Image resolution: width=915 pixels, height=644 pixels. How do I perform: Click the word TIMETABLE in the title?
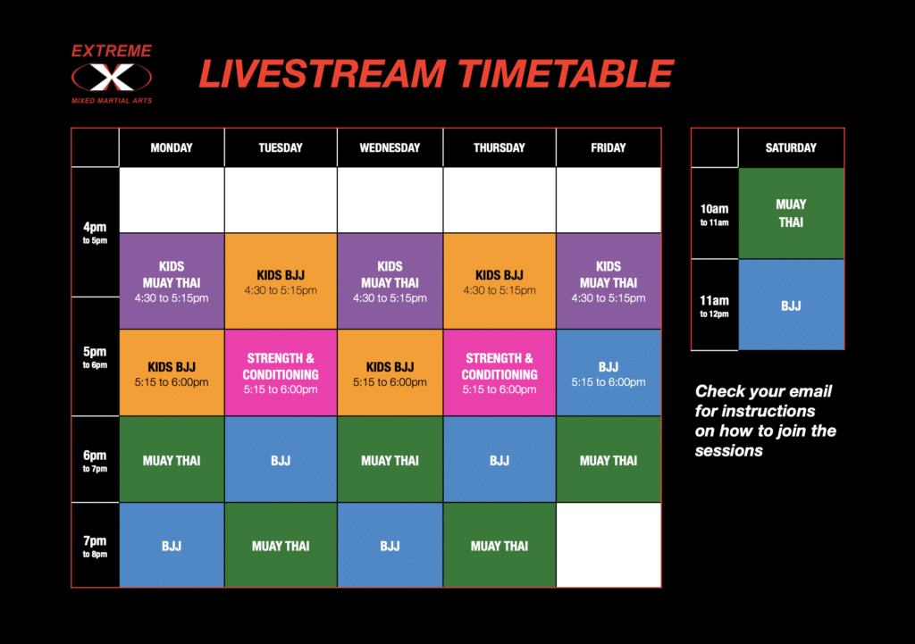[566, 74]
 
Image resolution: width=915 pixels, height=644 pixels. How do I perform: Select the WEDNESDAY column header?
[390, 148]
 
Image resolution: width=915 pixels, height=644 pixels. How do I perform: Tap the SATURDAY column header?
[791, 148]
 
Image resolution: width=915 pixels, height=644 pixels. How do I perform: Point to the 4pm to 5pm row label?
[95, 232]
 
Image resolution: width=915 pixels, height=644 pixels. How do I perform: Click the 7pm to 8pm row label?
[95, 546]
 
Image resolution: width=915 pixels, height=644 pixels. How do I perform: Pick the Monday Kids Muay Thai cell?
[172, 281]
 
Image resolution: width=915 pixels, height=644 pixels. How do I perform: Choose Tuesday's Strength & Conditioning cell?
[281, 372]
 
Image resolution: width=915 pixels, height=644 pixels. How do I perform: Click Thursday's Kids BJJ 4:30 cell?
[499, 281]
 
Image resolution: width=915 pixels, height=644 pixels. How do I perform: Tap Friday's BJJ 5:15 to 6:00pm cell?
[609, 372]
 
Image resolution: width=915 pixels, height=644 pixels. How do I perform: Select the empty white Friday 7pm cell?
[609, 545]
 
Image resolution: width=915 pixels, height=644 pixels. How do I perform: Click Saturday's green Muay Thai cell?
[792, 213]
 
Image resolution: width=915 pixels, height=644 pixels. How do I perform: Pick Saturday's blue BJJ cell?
[792, 305]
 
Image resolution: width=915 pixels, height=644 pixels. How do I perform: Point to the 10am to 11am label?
[714, 213]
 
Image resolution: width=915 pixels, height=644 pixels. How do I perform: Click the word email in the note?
[809, 391]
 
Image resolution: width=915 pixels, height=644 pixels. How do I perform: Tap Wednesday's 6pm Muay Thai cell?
[390, 459]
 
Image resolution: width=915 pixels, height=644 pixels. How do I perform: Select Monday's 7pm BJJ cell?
[172, 545]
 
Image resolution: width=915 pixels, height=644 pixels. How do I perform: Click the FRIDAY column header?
[609, 148]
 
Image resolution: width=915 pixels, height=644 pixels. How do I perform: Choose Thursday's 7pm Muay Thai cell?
[499, 545]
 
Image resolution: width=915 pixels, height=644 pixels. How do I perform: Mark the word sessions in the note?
[729, 451]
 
